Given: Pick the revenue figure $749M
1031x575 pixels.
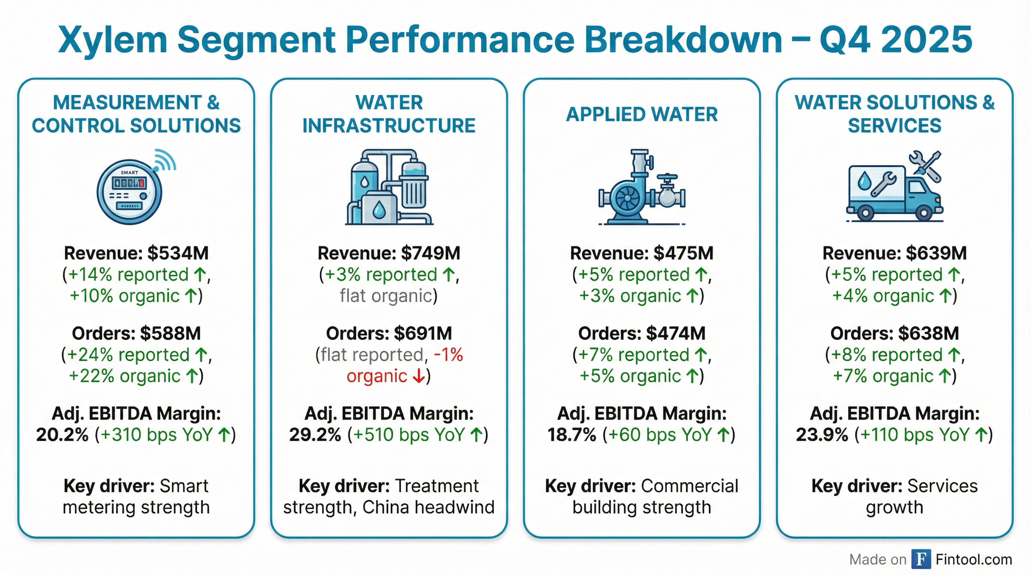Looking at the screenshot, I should [x=431, y=253].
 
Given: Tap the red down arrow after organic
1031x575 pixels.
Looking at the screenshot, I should [x=418, y=376].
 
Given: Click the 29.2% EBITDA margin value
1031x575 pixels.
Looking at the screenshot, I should [x=315, y=435].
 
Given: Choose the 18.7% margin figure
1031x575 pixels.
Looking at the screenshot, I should [x=572, y=435].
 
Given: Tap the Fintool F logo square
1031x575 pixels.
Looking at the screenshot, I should [x=921, y=559].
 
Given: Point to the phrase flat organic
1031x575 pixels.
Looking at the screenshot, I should [x=386, y=296].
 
